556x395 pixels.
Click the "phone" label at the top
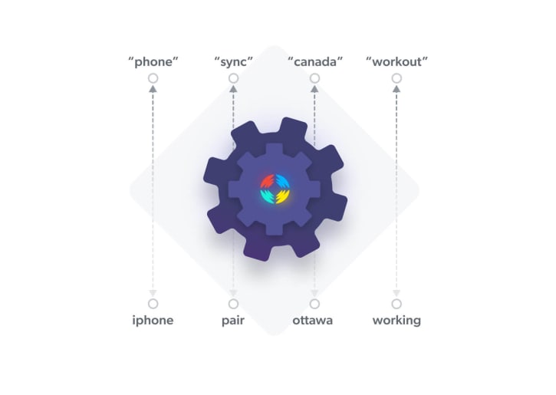coord(153,61)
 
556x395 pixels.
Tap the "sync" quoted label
coord(233,61)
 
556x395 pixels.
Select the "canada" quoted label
coord(314,61)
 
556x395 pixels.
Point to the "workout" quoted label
coord(396,61)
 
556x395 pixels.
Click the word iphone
coord(153,321)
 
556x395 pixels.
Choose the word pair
coord(233,321)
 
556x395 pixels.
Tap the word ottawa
coord(313,321)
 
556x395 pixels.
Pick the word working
coord(396,321)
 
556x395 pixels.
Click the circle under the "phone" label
coord(153,78)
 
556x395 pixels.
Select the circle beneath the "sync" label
coord(233,78)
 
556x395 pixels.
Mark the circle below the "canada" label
coord(314,78)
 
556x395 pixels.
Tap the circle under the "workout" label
coord(396,78)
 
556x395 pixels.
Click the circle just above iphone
coord(153,304)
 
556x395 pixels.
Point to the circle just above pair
coord(233,304)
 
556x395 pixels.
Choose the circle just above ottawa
coord(314,304)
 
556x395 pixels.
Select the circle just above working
coord(396,304)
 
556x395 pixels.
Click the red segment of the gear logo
coord(267,181)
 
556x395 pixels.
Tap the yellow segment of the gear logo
coord(283,197)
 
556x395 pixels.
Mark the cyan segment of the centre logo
coord(267,197)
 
